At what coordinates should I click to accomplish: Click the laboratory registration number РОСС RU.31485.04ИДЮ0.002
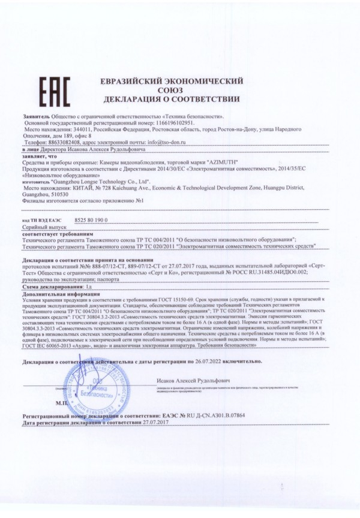click(268, 271)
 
